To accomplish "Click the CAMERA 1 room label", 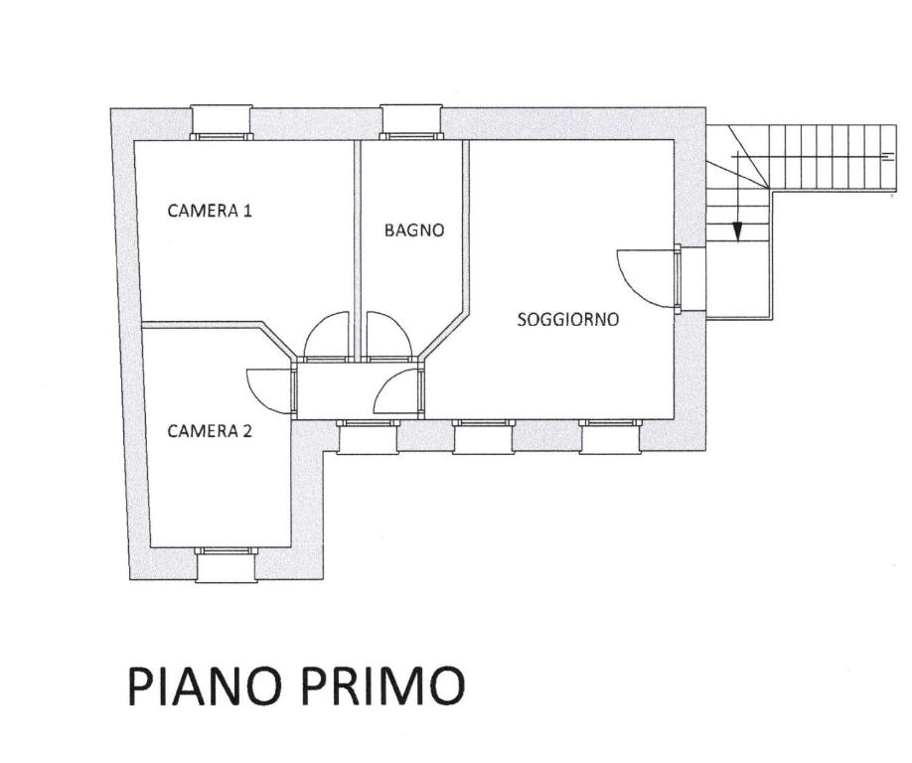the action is [210, 211].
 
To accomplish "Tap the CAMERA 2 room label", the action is [210, 431].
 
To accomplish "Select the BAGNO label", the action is [414, 230].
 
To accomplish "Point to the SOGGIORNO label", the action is [568, 319].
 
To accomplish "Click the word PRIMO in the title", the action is [384, 686].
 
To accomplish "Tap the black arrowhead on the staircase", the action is [737, 232].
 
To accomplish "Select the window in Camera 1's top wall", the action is [222, 123].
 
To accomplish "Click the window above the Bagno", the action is [412, 123].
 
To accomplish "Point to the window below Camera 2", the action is [226, 564].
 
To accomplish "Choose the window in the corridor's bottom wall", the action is [368, 436].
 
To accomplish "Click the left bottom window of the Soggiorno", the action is [484, 436].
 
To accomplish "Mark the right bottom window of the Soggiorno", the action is [610, 436].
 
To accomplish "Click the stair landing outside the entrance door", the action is [737, 280].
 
